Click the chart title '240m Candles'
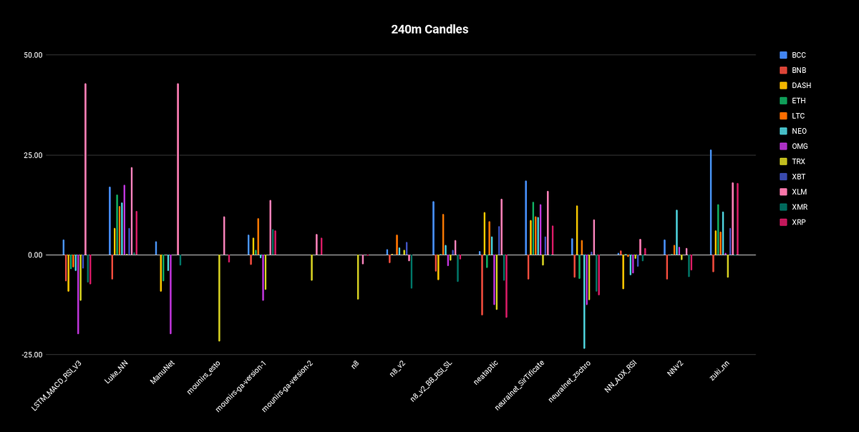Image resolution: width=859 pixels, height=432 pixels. pyautogui.click(x=429, y=29)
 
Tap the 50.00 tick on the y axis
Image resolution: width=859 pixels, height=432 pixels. pyautogui.click(x=33, y=55)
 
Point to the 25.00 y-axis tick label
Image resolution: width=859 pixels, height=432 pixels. pyautogui.click(x=33, y=155)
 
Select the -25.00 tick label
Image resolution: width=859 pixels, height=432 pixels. pyautogui.click(x=32, y=355)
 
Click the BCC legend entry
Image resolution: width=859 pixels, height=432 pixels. pyautogui.click(x=799, y=55)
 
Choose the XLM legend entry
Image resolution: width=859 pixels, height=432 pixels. pyautogui.click(x=800, y=192)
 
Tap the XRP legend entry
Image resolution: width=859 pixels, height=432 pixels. pyautogui.click(x=800, y=222)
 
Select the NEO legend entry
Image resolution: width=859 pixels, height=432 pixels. pyautogui.click(x=800, y=131)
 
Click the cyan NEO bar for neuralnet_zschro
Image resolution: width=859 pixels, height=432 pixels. pyautogui.click(x=584, y=301)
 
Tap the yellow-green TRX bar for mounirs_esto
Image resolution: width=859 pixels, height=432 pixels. pyautogui.click(x=219, y=298)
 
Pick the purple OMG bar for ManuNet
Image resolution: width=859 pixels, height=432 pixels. pyautogui.click(x=170, y=294)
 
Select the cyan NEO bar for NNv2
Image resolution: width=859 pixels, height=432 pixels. pyautogui.click(x=676, y=232)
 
